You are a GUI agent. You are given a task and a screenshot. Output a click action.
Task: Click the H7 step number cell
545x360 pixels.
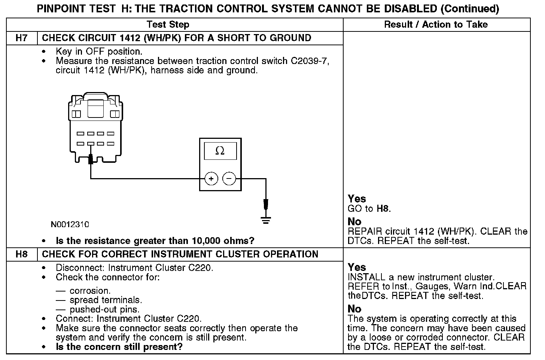pyautogui.click(x=22, y=38)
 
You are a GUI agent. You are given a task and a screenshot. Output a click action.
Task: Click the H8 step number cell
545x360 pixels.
pyautogui.click(x=22, y=254)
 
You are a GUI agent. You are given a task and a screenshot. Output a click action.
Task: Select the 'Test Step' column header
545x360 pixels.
pyautogui.click(x=168, y=25)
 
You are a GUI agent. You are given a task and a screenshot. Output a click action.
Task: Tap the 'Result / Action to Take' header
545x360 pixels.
pyautogui.click(x=436, y=25)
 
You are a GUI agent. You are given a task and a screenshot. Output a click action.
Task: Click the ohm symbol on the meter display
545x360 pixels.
pyautogui.click(x=220, y=151)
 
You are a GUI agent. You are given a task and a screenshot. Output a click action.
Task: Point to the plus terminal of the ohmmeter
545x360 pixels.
pyautogui.click(x=211, y=179)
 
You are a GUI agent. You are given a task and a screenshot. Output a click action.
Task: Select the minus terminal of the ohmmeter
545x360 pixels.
pyautogui.click(x=229, y=179)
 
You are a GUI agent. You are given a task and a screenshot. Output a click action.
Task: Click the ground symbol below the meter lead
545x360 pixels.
pyautogui.click(x=266, y=220)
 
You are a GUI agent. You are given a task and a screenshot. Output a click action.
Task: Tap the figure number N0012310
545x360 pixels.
pyautogui.click(x=70, y=225)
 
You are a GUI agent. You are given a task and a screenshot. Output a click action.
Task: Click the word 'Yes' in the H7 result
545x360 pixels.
pyautogui.click(x=357, y=199)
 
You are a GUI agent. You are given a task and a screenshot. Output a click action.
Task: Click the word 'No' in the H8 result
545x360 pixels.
pyautogui.click(x=354, y=309)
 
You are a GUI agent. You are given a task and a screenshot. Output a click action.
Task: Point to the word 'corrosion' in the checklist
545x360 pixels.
pyautogui.click(x=89, y=291)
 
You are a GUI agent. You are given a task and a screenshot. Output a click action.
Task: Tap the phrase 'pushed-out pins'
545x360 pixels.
pyautogui.click(x=104, y=309)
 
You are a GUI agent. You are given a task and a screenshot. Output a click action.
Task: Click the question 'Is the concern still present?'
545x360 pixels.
pyautogui.click(x=119, y=347)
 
